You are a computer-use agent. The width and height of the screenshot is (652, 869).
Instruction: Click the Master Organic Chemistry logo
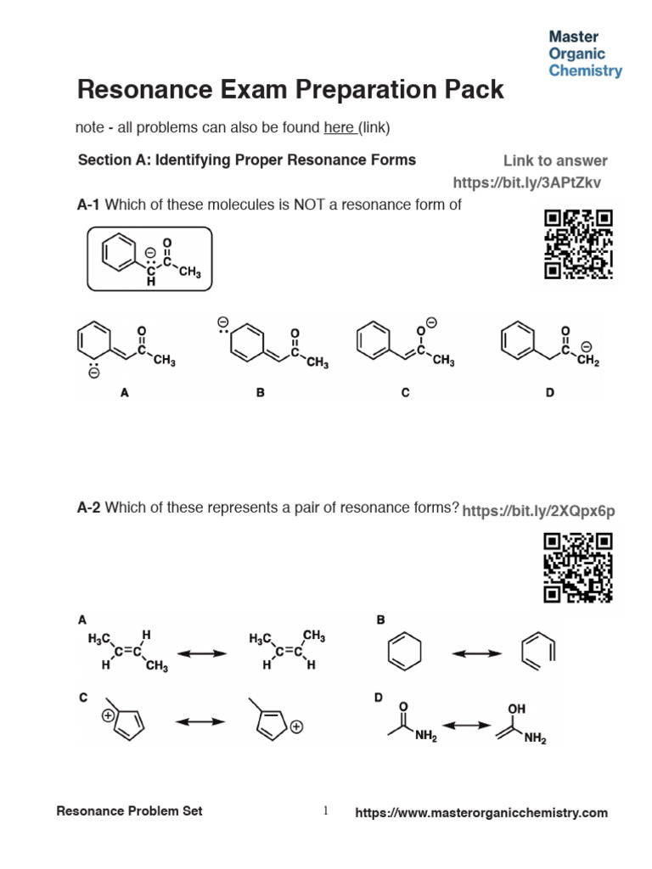click(x=585, y=53)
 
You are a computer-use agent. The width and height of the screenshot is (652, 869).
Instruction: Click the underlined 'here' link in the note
click(x=339, y=128)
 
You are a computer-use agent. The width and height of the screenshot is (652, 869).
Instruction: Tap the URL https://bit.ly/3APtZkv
click(x=530, y=182)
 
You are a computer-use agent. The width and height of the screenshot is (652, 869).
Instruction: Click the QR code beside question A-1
click(x=578, y=244)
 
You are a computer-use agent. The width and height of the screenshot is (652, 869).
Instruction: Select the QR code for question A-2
click(x=578, y=567)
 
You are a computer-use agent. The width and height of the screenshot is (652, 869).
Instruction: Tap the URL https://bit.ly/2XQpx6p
click(x=538, y=510)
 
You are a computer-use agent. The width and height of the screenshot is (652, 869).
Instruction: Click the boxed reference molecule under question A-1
click(x=149, y=259)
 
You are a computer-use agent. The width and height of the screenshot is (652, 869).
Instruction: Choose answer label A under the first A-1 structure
click(x=125, y=393)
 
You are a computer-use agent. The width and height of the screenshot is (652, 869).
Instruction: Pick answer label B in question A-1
click(x=261, y=393)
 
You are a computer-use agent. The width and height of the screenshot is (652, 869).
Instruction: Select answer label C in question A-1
click(x=405, y=393)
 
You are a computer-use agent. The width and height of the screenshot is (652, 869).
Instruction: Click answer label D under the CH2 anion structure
click(x=550, y=393)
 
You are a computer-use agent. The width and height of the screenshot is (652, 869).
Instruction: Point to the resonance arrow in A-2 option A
click(x=201, y=653)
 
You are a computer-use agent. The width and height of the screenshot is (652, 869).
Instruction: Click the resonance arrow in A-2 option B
click(x=476, y=653)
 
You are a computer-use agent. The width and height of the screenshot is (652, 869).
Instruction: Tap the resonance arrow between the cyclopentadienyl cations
click(x=200, y=721)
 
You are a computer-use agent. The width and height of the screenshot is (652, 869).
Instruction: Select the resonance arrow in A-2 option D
click(x=468, y=726)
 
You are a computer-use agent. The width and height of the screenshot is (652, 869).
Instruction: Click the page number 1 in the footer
click(x=325, y=811)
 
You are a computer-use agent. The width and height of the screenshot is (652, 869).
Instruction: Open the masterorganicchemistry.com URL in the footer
click(x=481, y=813)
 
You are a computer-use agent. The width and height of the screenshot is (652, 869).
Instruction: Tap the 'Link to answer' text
click(x=555, y=160)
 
